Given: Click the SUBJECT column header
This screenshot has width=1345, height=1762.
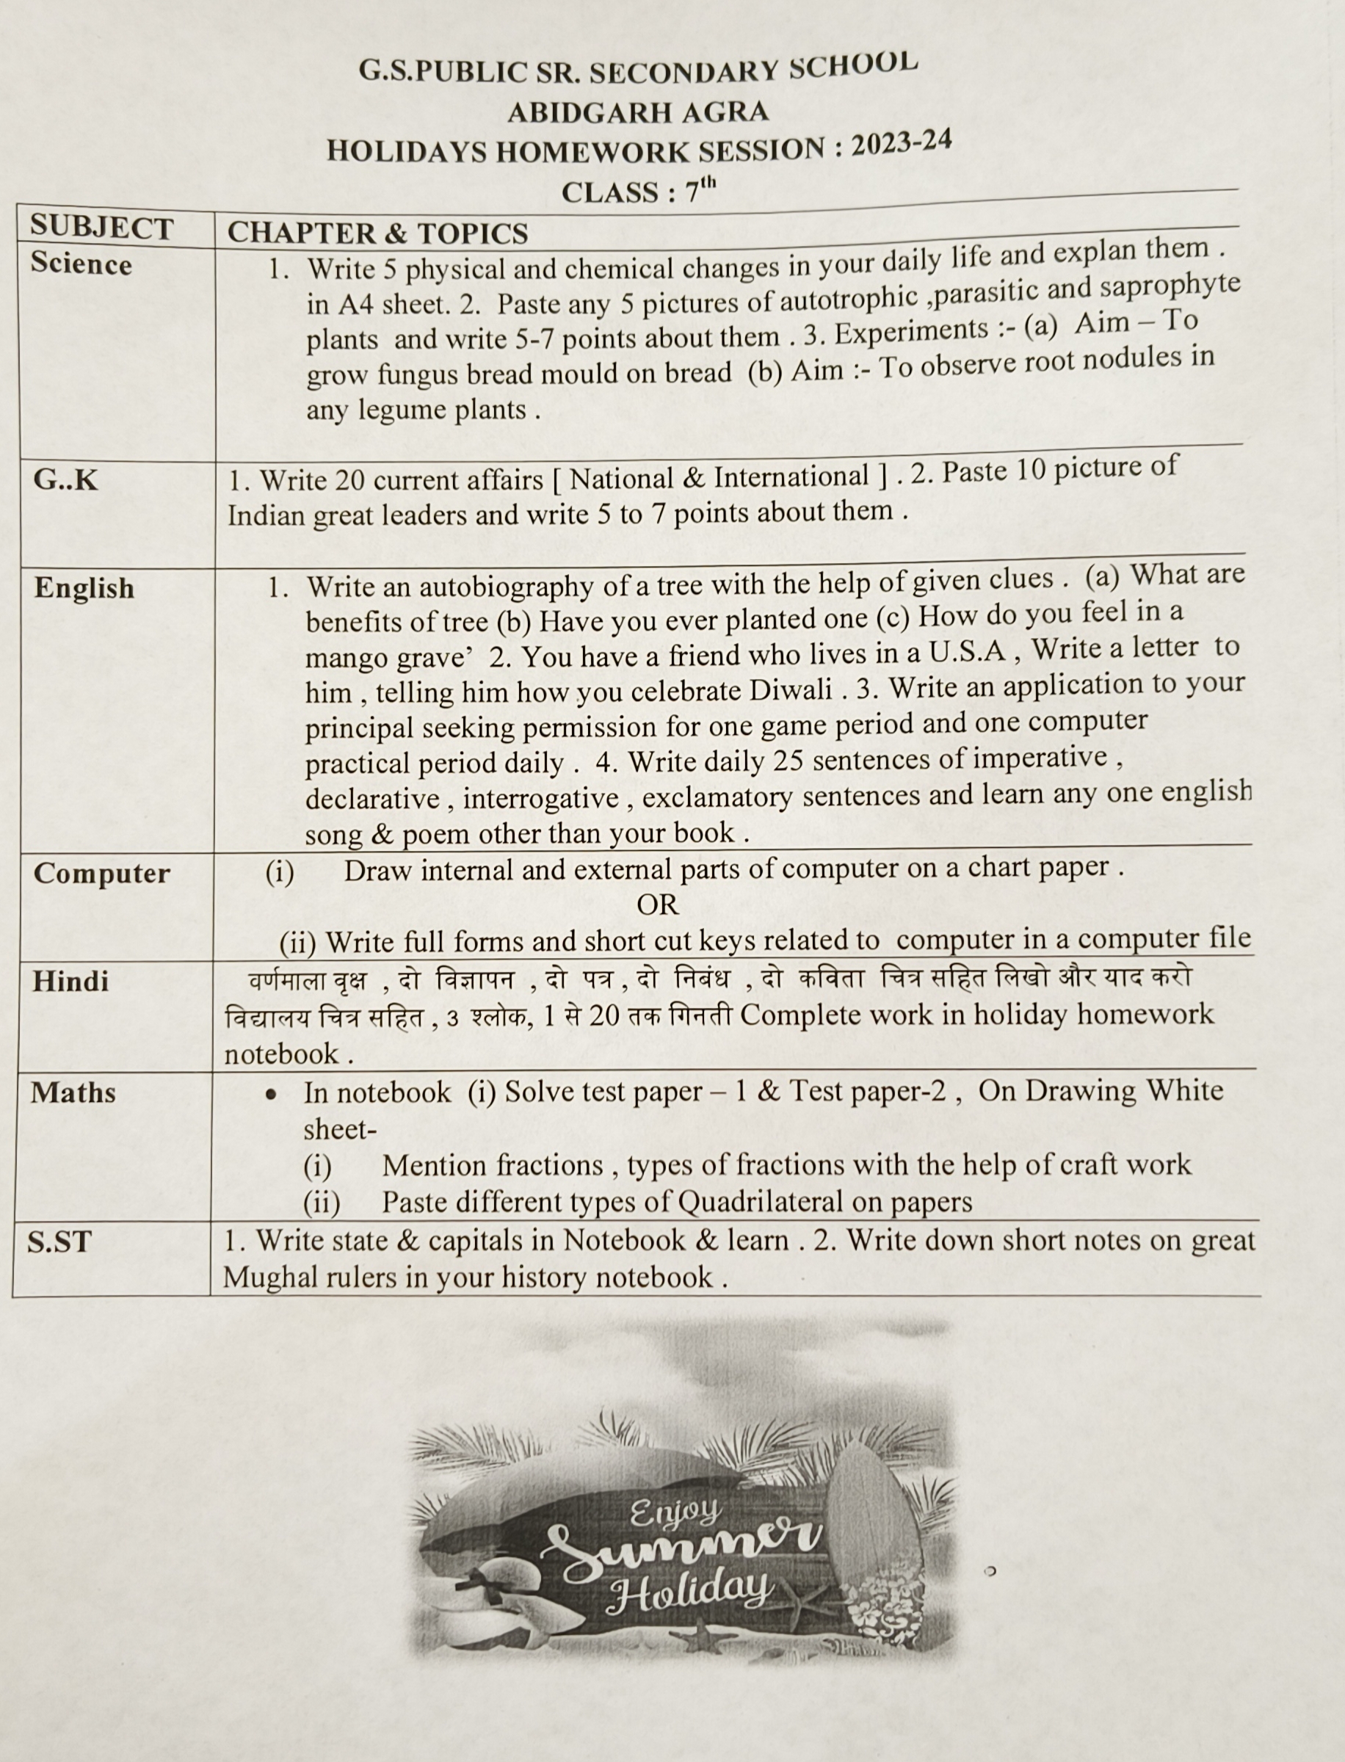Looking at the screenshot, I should (101, 228).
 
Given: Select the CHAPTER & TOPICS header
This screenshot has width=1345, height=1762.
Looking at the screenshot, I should (377, 233).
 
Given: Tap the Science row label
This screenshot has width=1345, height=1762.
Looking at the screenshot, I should (81, 264).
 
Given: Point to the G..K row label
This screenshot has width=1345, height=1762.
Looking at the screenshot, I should (65, 479).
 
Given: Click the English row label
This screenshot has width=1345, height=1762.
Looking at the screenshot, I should (84, 588).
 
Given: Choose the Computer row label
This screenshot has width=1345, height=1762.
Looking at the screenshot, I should (101, 874).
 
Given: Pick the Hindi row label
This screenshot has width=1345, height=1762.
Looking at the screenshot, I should (70, 982).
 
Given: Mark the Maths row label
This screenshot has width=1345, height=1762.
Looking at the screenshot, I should (73, 1092).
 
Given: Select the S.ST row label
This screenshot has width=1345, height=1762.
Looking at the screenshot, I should (59, 1241).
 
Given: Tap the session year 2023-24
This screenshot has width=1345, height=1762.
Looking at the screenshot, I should (901, 145).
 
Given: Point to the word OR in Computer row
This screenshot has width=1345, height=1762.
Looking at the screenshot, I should (657, 904).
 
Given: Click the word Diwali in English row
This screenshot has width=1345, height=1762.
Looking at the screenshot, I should (791, 689).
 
